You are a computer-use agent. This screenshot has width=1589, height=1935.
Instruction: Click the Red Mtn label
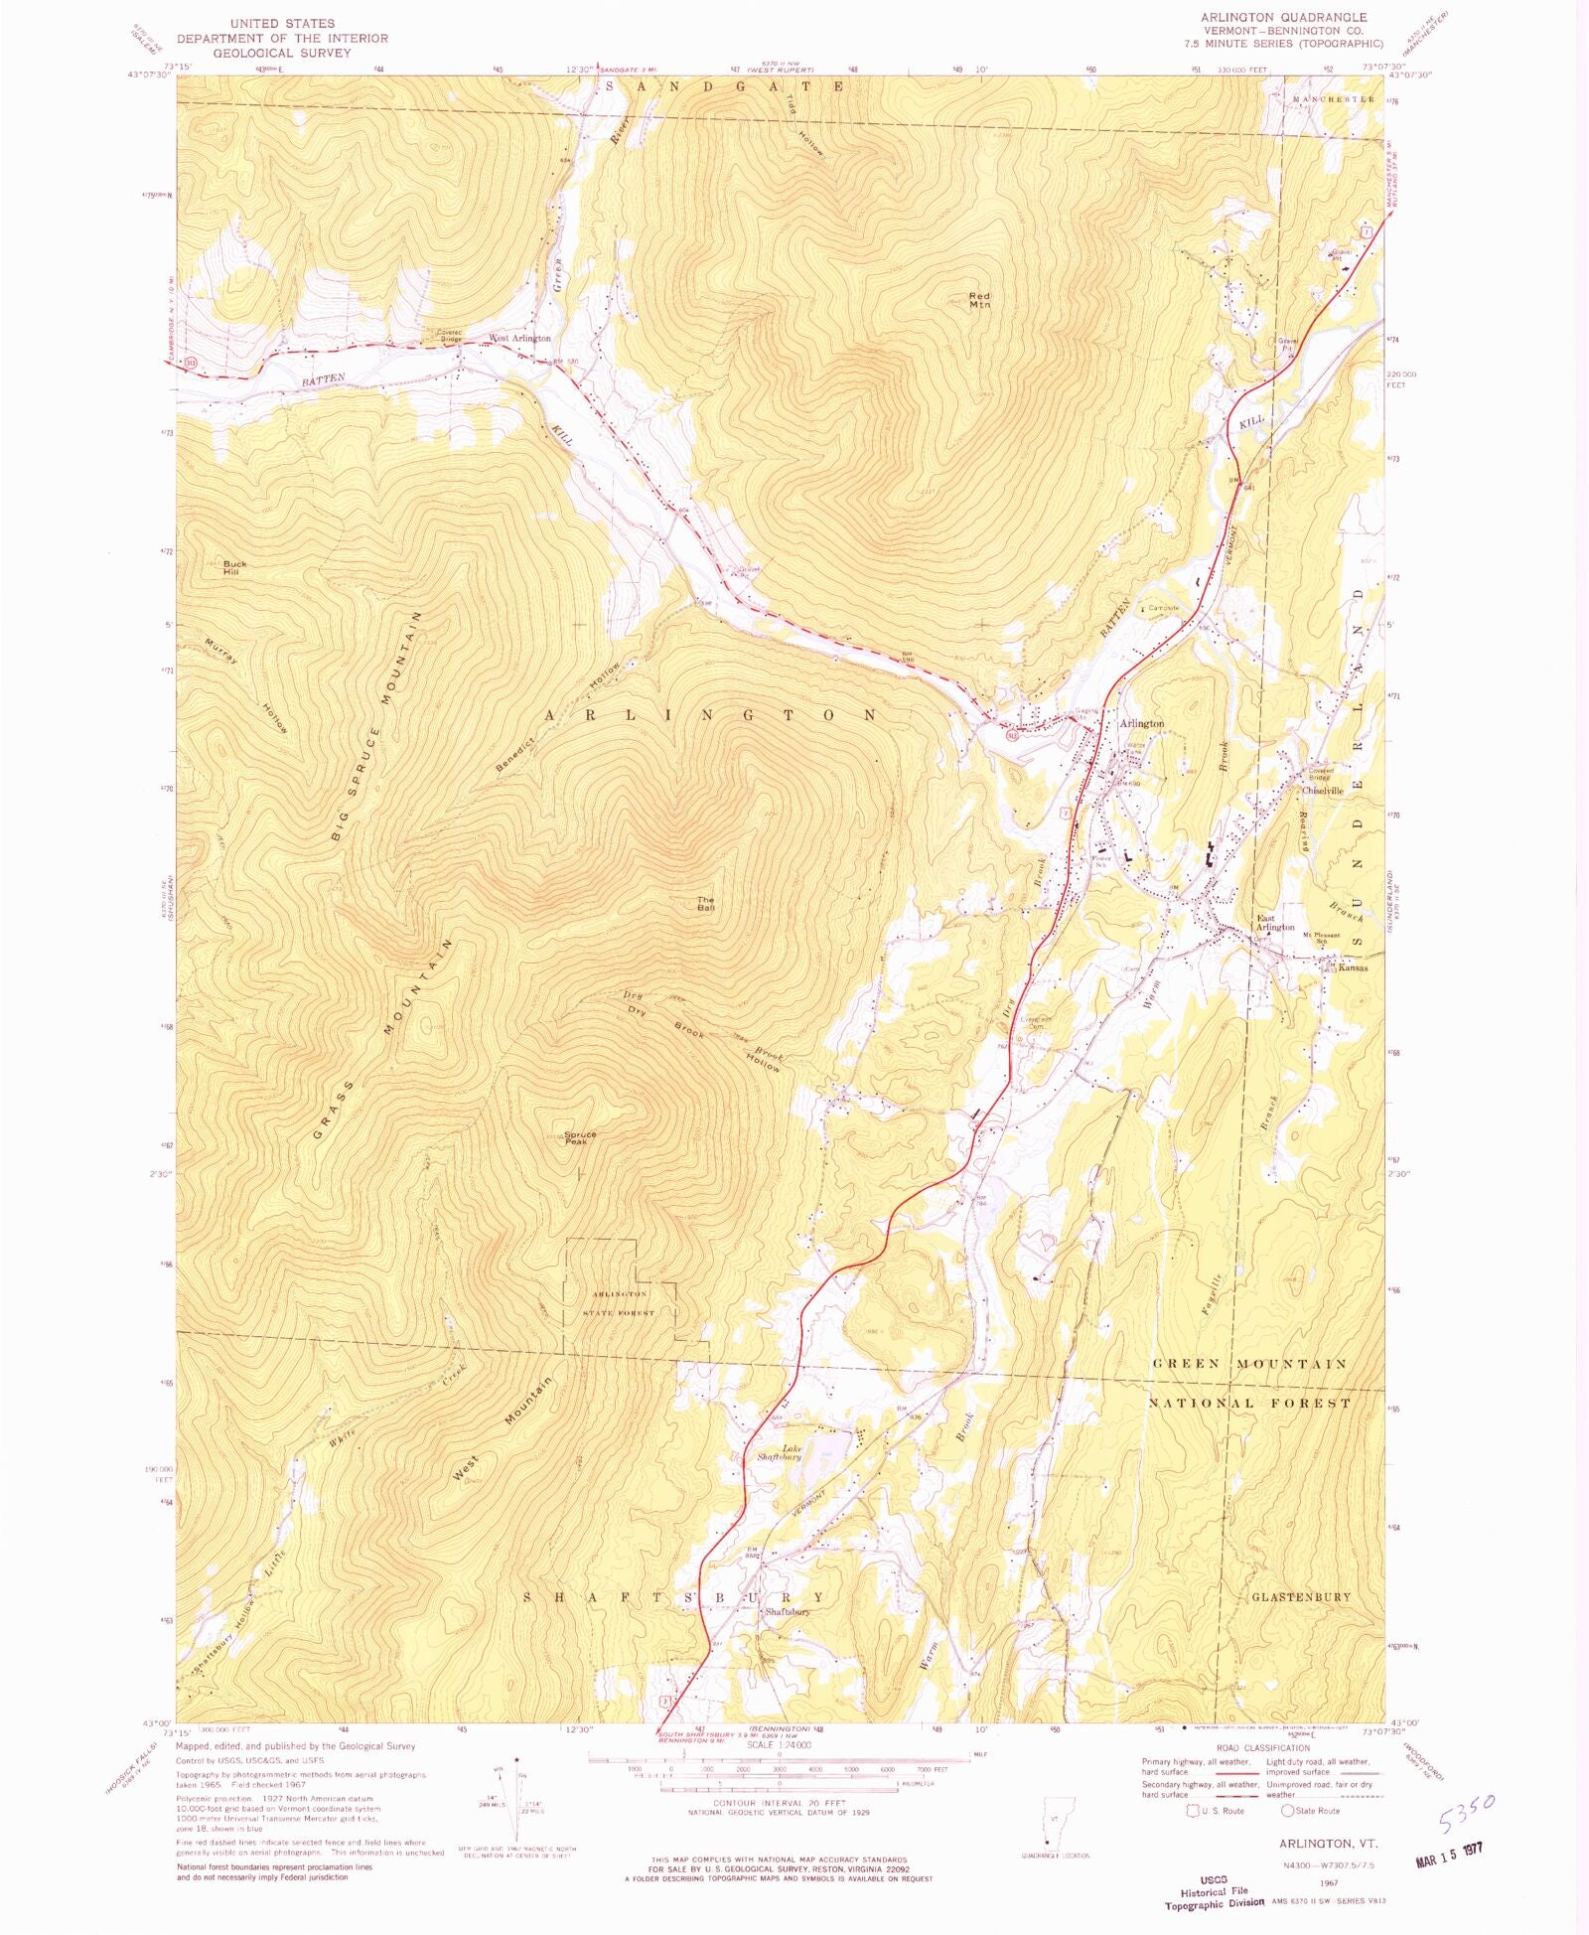[x=979, y=301]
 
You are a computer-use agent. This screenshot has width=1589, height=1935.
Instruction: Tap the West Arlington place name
[x=518, y=339]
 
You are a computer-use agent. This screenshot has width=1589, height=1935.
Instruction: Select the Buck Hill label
[x=234, y=568]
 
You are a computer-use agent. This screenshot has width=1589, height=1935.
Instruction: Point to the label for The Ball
[x=705, y=904]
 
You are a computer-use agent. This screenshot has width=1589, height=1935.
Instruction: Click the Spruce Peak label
[x=580, y=1138]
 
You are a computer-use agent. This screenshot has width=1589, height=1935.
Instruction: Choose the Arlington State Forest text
[x=621, y=1303]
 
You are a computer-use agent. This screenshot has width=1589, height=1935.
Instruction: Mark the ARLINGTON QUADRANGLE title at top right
[x=1283, y=18]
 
